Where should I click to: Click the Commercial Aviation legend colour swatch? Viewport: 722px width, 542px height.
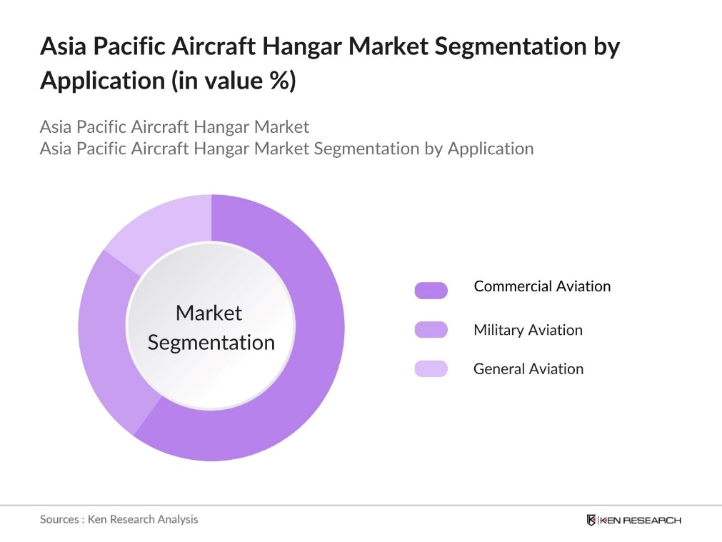(x=431, y=290)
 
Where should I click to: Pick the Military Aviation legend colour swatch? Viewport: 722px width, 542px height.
(x=431, y=330)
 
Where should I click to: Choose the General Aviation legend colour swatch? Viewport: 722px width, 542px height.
(x=431, y=368)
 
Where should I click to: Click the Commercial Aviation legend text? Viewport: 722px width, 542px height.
(x=542, y=286)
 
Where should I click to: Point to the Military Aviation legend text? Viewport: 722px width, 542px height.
(x=528, y=330)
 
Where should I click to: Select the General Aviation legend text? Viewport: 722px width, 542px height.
(x=528, y=368)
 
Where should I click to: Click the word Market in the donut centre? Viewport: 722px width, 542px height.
(x=209, y=313)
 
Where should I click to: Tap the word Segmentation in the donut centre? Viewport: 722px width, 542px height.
(x=211, y=342)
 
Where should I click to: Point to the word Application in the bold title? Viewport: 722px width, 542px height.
(x=102, y=81)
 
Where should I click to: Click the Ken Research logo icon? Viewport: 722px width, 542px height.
(x=591, y=520)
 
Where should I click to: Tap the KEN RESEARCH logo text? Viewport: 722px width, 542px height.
(x=641, y=520)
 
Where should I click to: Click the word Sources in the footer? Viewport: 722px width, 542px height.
(x=60, y=519)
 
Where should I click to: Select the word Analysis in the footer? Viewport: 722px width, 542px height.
(x=175, y=519)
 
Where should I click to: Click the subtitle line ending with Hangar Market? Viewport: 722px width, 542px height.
(x=174, y=127)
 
